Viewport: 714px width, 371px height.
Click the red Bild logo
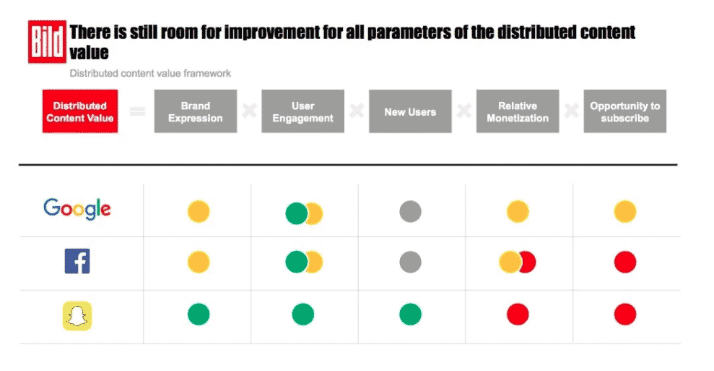[47, 42]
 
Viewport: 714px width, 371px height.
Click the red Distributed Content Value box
[79, 111]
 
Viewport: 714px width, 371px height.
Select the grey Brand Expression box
[196, 111]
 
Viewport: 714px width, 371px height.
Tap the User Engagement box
[302, 111]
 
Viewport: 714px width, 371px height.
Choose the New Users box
[410, 111]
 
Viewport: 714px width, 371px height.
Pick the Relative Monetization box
[518, 111]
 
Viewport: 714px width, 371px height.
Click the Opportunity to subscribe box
[624, 111]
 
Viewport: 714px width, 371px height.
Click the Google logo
[77, 210]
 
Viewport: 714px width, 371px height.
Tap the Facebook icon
[77, 261]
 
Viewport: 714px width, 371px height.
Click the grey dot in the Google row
[410, 212]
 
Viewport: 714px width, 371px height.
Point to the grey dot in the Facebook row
[410, 262]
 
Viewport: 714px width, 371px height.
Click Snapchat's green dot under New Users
[410, 315]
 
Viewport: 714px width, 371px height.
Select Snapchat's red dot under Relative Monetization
[518, 315]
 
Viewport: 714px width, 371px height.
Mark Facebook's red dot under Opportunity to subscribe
[625, 262]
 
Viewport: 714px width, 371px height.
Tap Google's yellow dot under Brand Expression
[199, 212]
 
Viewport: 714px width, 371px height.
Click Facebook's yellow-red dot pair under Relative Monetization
[517, 262]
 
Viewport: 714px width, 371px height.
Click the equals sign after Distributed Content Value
[136, 111]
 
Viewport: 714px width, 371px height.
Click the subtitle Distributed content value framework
[150, 73]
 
